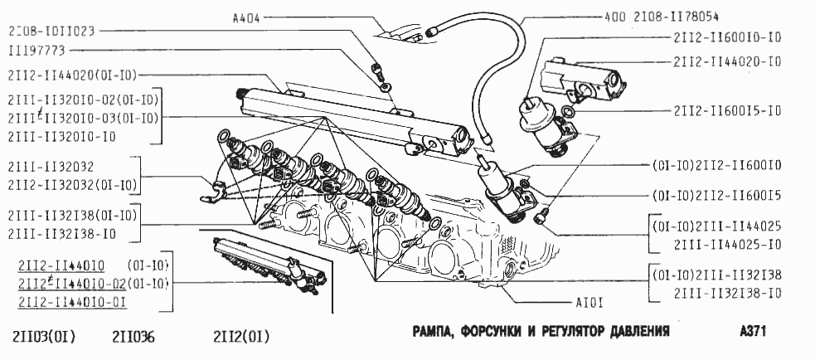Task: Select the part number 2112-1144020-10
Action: pyautogui.click(x=727, y=61)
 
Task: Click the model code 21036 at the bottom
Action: pyautogui.click(x=133, y=337)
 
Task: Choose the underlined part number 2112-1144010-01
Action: pyautogui.click(x=71, y=301)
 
